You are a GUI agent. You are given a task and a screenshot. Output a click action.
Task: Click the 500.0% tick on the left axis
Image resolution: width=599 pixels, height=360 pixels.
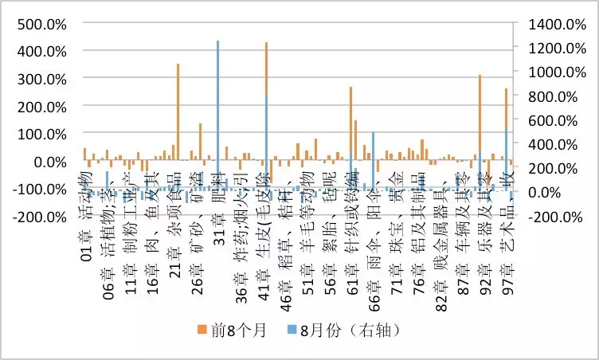click(40, 23)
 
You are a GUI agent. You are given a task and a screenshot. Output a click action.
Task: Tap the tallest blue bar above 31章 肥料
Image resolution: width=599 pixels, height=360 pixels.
click(218, 112)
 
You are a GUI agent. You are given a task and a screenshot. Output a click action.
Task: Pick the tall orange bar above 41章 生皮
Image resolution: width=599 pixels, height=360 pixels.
click(266, 96)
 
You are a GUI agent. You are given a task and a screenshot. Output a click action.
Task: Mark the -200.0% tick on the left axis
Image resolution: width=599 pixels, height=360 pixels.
click(37, 217)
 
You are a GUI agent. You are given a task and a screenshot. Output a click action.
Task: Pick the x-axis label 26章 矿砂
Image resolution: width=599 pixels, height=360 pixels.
click(196, 227)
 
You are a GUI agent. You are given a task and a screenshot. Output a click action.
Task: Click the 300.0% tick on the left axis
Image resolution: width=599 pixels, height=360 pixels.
click(40, 79)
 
